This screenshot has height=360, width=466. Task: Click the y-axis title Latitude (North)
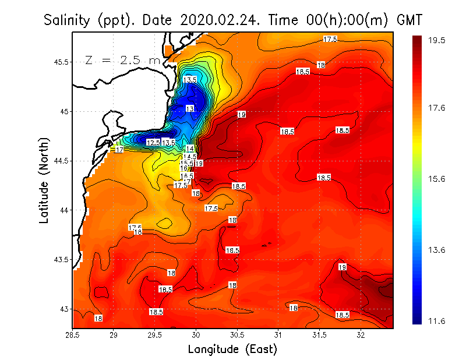tap(44, 181)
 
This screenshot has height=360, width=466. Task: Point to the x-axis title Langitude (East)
tap(232, 350)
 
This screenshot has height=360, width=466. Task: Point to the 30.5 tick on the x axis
tap(237, 335)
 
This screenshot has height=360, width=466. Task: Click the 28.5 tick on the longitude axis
tap(73, 335)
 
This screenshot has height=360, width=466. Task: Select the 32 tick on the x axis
tap(361, 335)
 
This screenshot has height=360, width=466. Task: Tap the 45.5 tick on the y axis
tap(61, 62)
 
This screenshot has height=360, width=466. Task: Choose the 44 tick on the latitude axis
tap(65, 210)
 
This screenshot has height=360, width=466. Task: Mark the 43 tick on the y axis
tap(65, 309)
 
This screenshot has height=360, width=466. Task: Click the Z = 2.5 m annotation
tap(123, 60)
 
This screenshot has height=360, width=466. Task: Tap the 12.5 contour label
tap(153, 143)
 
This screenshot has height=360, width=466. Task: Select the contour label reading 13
tap(190, 109)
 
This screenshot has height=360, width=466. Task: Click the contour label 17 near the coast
tap(119, 150)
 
